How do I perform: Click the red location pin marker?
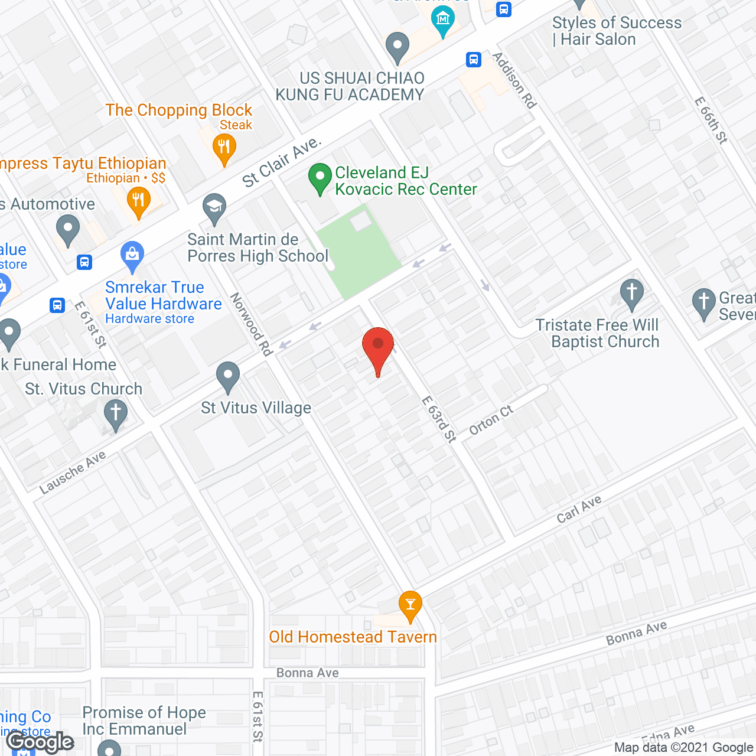click(377, 346)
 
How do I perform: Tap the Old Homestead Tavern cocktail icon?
click(410, 605)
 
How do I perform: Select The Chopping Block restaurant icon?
click(223, 147)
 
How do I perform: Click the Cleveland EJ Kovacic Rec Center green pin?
click(320, 177)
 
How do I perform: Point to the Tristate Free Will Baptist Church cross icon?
click(631, 293)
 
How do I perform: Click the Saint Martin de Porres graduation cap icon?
click(214, 208)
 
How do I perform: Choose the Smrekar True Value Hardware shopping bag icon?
click(132, 255)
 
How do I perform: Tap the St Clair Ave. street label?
click(282, 162)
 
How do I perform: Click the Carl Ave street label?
click(579, 509)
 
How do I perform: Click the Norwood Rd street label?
click(252, 324)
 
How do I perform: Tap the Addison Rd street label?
click(514, 80)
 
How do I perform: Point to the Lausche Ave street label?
click(72, 472)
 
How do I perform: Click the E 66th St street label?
click(711, 120)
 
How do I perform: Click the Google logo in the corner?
click(40, 742)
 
